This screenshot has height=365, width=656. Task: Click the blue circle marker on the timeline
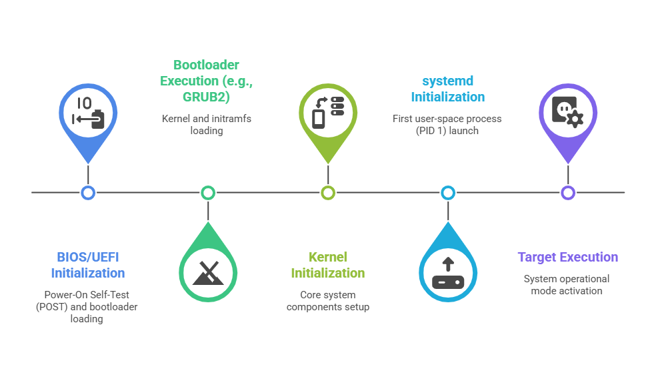pyautogui.click(x=88, y=193)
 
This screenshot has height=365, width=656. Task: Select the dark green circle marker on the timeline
pyautogui.click(x=208, y=193)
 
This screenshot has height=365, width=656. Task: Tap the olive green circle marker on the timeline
pyautogui.click(x=328, y=193)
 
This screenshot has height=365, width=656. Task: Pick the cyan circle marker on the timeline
pyautogui.click(x=448, y=193)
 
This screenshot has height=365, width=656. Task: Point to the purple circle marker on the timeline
pyautogui.click(x=568, y=193)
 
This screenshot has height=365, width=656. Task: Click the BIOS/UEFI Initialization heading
pyautogui.click(x=88, y=265)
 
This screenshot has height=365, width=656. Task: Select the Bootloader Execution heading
pyautogui.click(x=206, y=81)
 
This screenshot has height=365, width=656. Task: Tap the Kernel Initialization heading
pyautogui.click(x=328, y=265)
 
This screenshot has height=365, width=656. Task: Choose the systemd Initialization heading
pyautogui.click(x=448, y=89)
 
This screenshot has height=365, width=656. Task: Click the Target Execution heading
pyautogui.click(x=568, y=257)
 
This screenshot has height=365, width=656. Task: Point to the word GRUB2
pyautogui.click(x=206, y=97)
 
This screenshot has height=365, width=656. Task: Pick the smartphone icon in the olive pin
pyautogui.click(x=319, y=119)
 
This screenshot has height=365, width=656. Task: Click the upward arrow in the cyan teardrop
pyautogui.click(x=448, y=264)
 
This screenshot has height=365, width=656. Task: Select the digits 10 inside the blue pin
pyautogui.click(x=84, y=103)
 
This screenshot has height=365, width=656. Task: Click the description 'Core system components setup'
pyautogui.click(x=328, y=301)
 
